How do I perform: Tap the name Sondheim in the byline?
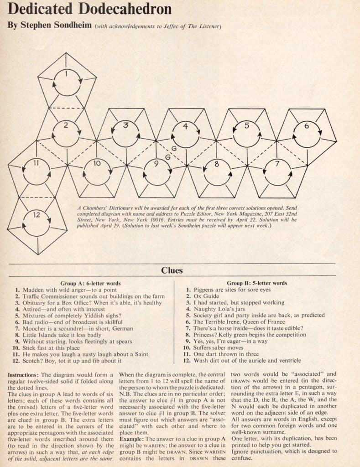click(72, 26)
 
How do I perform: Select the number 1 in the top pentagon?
click(67, 73)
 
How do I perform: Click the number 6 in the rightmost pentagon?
click(307, 126)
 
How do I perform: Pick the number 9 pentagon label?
click(156, 164)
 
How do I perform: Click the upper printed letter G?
click(174, 148)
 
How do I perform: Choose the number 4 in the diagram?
click(185, 126)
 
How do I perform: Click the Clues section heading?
click(172, 270)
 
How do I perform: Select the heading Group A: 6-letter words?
click(90, 283)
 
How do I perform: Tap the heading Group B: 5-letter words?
click(257, 283)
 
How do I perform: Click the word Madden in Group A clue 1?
click(33, 290)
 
